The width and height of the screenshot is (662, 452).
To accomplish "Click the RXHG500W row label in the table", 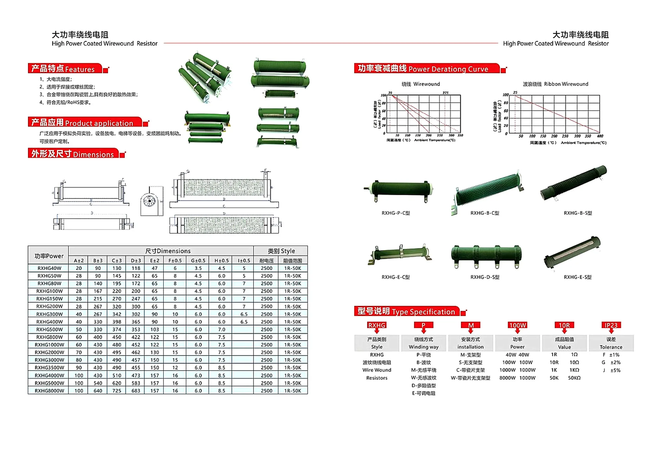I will click(x=49, y=330).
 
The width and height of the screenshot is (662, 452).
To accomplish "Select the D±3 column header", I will click(x=136, y=261).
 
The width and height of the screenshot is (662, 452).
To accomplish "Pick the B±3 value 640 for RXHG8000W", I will click(x=98, y=391).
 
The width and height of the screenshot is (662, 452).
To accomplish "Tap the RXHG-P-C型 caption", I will click(x=396, y=213).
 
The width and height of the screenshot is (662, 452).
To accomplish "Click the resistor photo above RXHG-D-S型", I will click(x=486, y=256).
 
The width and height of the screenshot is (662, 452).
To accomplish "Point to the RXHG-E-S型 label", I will click(x=578, y=277).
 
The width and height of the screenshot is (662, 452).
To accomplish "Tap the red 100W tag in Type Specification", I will click(x=517, y=325).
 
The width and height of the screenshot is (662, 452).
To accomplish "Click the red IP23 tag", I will click(x=611, y=325).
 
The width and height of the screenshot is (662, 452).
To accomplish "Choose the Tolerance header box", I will click(x=611, y=343).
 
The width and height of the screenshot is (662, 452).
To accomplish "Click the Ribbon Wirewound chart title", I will click(x=555, y=84).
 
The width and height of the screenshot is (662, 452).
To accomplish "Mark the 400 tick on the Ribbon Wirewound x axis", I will click(x=600, y=136).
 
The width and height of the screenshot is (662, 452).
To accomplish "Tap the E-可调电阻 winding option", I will click(x=423, y=393).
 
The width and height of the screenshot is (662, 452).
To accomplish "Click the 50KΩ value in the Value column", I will click(x=574, y=378).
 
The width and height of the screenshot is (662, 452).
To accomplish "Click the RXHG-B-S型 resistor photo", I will click(x=573, y=183).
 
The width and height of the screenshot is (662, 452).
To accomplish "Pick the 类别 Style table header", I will click(x=281, y=251).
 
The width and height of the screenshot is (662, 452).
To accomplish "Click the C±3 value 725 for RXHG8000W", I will click(x=117, y=391).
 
